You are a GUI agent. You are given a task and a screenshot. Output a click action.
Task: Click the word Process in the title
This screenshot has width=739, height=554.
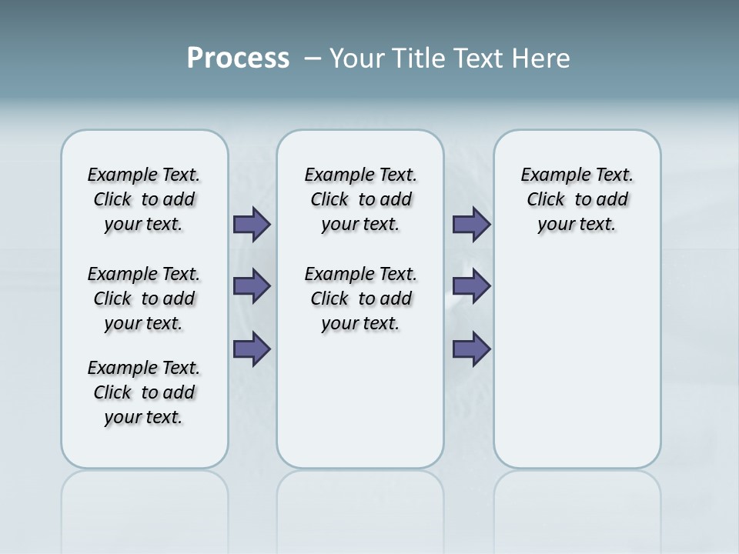[x=238, y=58]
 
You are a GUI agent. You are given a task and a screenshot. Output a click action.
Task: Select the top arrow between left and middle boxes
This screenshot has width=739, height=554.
[x=252, y=224]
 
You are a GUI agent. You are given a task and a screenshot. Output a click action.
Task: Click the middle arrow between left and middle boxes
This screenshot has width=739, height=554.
[x=252, y=286]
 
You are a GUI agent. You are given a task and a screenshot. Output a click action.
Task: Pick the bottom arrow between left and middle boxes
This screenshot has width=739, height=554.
[x=252, y=349]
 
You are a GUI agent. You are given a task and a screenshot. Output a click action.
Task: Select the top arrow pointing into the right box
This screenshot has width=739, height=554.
[x=471, y=224]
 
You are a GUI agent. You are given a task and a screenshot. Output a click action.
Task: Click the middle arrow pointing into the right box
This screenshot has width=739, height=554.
[x=471, y=286]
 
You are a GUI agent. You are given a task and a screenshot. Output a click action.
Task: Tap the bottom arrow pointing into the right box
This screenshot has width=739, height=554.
[x=471, y=349]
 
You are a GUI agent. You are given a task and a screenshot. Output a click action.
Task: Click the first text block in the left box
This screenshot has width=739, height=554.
[x=144, y=199]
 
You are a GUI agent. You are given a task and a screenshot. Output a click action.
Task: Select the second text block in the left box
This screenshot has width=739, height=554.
[x=144, y=299]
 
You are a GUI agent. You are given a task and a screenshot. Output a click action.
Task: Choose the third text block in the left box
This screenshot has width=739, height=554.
[x=144, y=392]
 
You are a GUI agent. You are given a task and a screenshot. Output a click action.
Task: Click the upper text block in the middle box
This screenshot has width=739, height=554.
[x=360, y=199]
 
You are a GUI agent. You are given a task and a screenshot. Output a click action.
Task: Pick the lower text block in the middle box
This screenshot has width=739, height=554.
[x=360, y=299]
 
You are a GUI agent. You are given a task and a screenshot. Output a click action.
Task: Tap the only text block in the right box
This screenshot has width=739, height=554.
[x=577, y=199]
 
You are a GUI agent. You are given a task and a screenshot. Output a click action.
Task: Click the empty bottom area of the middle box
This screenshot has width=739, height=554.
[x=360, y=408]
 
